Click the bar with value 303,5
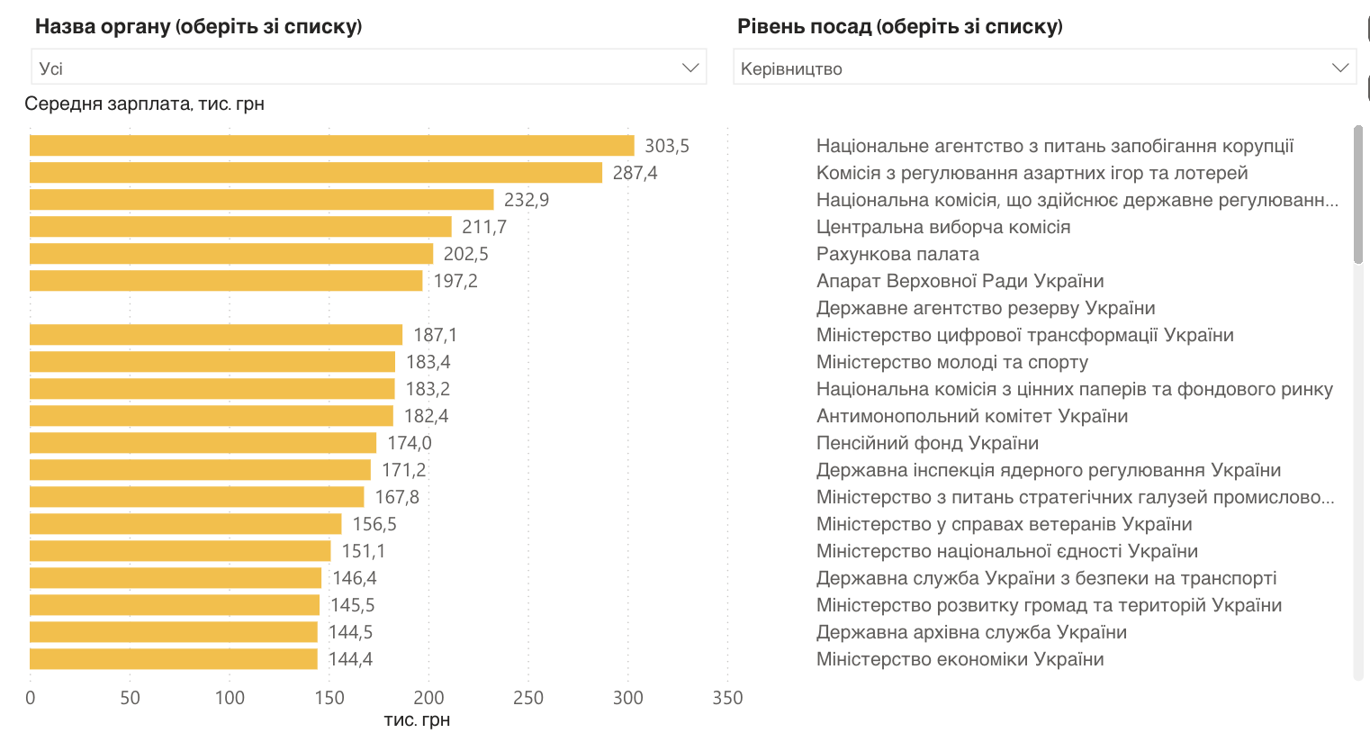coord(331,146)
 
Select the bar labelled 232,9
coord(261,200)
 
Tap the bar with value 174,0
coord(203,443)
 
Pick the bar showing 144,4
coord(173,659)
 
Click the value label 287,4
coord(635,173)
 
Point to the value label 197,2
coord(455,281)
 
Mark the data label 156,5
coord(374,524)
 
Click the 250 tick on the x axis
coord(528,698)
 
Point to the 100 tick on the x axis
coord(230,698)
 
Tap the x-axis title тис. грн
coord(417,720)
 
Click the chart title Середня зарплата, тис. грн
coord(144,104)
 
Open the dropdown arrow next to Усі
coord(690,68)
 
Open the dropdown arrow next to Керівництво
coord(1339,68)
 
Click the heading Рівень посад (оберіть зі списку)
coord(899,26)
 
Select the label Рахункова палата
coord(897,254)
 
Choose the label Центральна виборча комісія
coord(943,227)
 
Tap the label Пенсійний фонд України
coord(927,443)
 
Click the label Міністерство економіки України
coord(960,659)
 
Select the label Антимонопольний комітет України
coord(972,416)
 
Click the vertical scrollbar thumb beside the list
coord(1358,195)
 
